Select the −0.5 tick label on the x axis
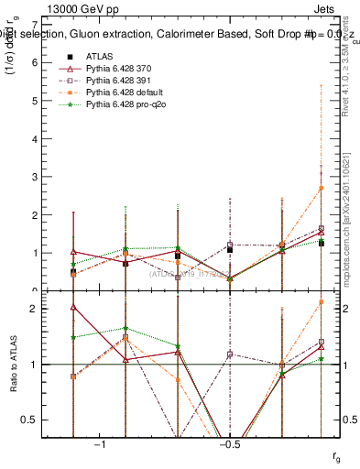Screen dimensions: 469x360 (229, 445)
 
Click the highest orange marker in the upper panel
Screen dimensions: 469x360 (321, 188)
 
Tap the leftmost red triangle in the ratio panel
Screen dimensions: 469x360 (73, 307)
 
